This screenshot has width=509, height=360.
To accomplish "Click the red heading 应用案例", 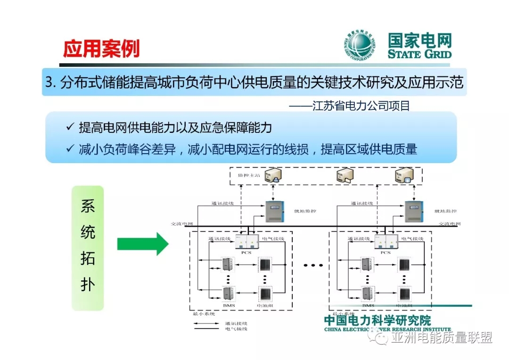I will [x=101, y=48].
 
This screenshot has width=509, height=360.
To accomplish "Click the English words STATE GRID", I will [x=419, y=54].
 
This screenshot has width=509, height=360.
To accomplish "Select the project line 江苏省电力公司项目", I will [x=349, y=106].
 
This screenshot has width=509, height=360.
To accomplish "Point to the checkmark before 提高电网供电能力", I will [x=70, y=127].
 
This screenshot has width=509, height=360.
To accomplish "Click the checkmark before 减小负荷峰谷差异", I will [x=70, y=150].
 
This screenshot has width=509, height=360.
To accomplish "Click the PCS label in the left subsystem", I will [x=246, y=253].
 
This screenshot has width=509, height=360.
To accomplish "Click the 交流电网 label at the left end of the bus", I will [x=182, y=224].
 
